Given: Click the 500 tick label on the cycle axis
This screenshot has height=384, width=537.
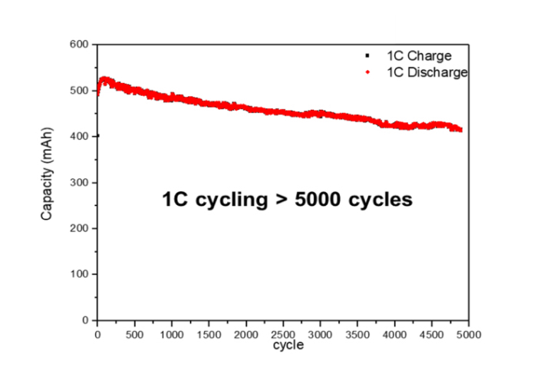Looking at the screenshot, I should click(134, 334).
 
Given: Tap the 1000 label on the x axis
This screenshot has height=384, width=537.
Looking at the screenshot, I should click(171, 334).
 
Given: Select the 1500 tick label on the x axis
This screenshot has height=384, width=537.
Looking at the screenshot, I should click(209, 334).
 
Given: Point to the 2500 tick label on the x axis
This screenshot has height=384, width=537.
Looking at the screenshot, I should click(283, 334).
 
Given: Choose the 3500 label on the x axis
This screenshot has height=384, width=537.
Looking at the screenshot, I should click(357, 334).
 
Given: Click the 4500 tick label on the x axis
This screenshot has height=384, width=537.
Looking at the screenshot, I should click(432, 334).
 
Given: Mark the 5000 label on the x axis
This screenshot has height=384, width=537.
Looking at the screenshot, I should click(469, 334).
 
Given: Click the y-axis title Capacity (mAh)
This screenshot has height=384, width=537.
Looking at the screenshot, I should click(47, 182).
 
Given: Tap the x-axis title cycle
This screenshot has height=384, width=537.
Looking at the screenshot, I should click(288, 346).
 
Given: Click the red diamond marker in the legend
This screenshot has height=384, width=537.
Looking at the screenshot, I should click(368, 72).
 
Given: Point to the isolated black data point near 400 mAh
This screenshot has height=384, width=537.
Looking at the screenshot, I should click(97, 136).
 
